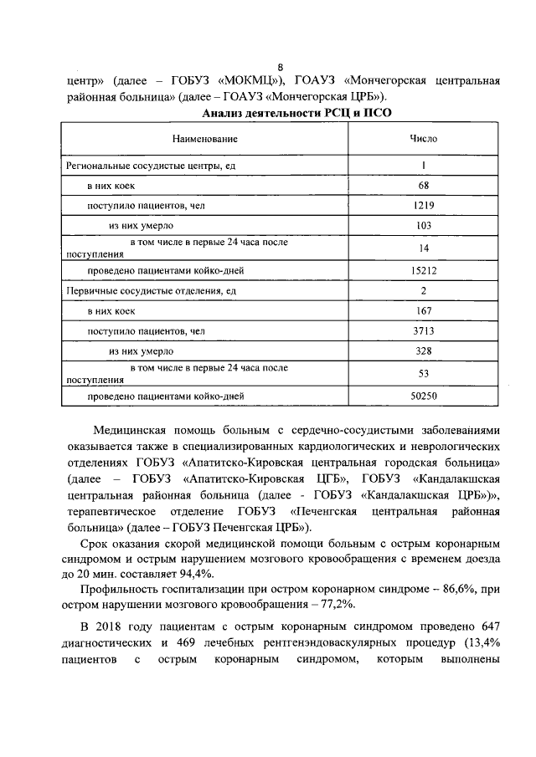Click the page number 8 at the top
point(281,69)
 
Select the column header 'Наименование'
point(205,139)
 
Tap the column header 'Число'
point(423,139)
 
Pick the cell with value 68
point(423,185)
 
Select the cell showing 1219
point(423,205)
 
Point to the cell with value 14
point(423,248)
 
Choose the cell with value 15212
point(423,270)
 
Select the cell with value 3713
point(423,331)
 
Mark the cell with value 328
point(423,351)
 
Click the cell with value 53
point(423,373)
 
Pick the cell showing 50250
point(423,395)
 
